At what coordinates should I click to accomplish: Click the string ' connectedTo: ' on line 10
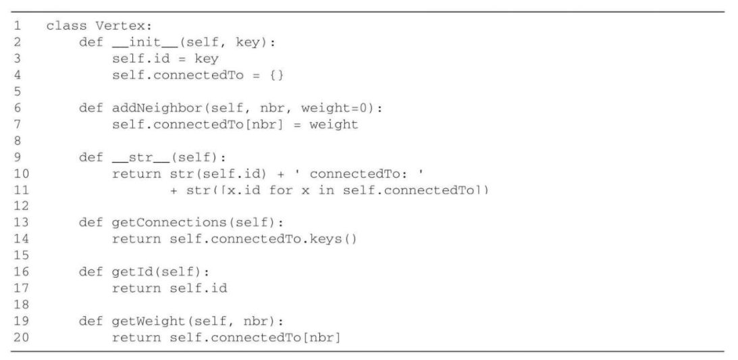point(345,172)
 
